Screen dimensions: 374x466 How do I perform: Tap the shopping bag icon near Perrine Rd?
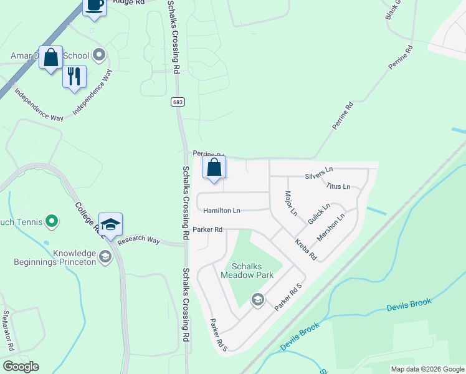pos(214,168)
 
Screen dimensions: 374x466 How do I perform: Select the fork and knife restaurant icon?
pos(74,77)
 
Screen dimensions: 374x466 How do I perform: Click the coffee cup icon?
pos(94,6)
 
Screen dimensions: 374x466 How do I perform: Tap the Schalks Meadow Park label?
pos(247,270)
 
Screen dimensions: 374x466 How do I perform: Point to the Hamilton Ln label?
pos(221,211)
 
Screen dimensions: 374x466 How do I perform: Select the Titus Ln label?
pos(338,186)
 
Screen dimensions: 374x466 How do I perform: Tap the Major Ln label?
pos(290,204)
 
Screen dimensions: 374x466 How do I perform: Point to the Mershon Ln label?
pos(331,229)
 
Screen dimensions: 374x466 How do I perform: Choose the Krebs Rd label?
pos(306,249)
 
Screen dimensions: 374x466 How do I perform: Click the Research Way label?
pos(138,239)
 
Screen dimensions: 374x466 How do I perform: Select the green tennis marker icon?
pos(52,221)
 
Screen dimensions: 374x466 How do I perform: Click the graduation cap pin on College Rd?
pos(110,224)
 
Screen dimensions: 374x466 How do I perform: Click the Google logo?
pos(21,367)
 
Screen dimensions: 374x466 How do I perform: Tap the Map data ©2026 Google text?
pos(427,369)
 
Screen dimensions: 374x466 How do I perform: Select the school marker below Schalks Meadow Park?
pos(257,300)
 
